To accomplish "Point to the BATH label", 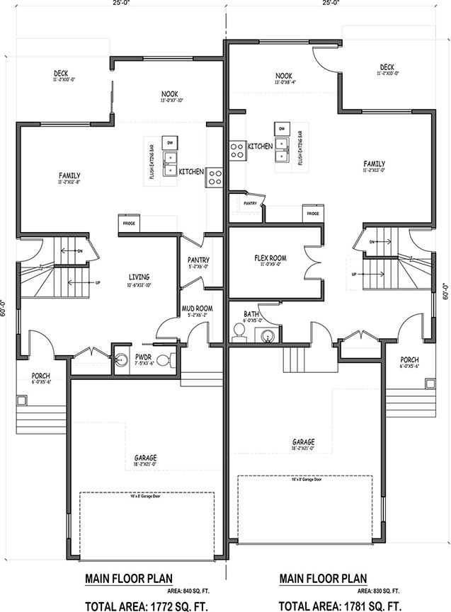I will pos(251,313).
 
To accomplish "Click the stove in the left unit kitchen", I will pos(215,178).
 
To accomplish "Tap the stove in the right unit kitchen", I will pos(236,148).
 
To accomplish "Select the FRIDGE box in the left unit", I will pos(129,224).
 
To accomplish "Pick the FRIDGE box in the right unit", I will pos(312,213).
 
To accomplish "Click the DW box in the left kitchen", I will pos(170,144).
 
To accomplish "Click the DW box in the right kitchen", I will pos(281,129).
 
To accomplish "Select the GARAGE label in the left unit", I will pos(145,458).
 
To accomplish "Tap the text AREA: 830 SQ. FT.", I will pos(379,590).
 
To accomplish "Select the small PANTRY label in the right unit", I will pos(249,202).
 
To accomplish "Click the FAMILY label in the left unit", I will pos(69,175).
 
